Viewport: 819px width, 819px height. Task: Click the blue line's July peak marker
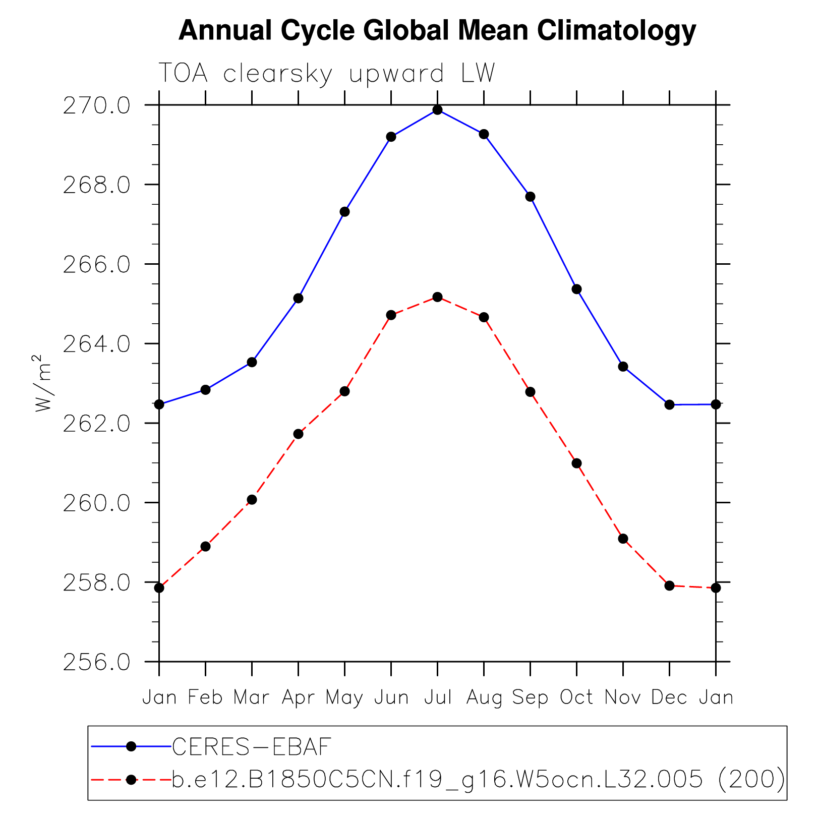437,110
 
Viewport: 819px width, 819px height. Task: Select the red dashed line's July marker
437,297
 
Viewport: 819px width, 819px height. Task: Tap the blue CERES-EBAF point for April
298,298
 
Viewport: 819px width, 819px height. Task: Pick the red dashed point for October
576,463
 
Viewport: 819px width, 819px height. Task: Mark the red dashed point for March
252,500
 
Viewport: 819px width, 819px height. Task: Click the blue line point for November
623,366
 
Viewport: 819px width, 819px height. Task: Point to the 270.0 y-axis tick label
96,106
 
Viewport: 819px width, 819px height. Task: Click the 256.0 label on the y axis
96,662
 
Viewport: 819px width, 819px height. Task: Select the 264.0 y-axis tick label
96,344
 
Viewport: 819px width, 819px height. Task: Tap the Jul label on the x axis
437,697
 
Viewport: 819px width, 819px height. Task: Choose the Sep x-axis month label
530,697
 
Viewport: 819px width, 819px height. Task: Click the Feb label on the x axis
205,697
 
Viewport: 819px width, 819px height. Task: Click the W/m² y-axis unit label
43,383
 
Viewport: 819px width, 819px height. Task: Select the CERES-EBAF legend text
252,747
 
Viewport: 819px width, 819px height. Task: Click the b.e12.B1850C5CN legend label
478,780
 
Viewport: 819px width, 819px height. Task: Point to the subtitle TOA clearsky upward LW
327,74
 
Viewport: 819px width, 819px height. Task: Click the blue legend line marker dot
131,746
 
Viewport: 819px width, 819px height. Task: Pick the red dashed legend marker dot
131,780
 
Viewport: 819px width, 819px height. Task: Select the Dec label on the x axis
669,697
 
